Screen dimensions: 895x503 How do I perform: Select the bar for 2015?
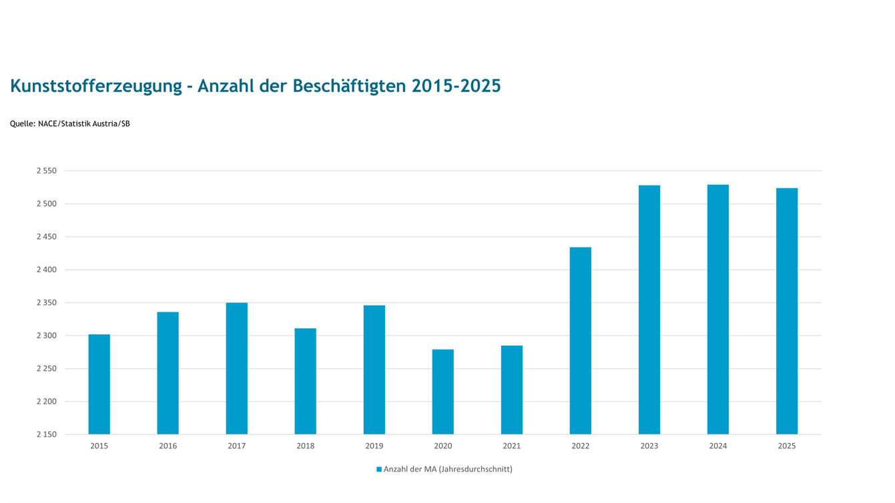click(99, 384)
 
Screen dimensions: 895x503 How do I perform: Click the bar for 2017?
click(236, 368)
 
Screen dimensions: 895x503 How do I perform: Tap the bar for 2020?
click(442, 392)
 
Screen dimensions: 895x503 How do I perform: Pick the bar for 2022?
click(581, 341)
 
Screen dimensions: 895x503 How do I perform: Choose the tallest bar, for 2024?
click(718, 310)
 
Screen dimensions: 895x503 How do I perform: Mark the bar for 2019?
click(374, 370)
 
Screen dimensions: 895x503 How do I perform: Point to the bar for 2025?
click(787, 312)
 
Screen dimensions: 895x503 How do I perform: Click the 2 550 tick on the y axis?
click(47, 171)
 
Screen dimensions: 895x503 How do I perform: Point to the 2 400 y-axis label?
click(47, 270)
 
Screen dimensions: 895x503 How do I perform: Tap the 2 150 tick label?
click(47, 434)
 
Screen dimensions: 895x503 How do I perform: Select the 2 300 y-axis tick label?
click(47, 336)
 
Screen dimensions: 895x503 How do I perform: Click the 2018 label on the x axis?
click(305, 446)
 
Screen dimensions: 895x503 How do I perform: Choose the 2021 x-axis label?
click(512, 446)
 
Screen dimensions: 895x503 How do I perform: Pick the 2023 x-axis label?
click(649, 446)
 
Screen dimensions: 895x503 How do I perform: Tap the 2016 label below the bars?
click(168, 446)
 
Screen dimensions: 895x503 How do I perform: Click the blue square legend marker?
click(379, 470)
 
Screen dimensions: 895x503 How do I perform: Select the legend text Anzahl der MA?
click(410, 469)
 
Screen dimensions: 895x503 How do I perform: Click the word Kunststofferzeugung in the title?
click(96, 86)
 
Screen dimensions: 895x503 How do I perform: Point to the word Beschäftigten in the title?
click(349, 86)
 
